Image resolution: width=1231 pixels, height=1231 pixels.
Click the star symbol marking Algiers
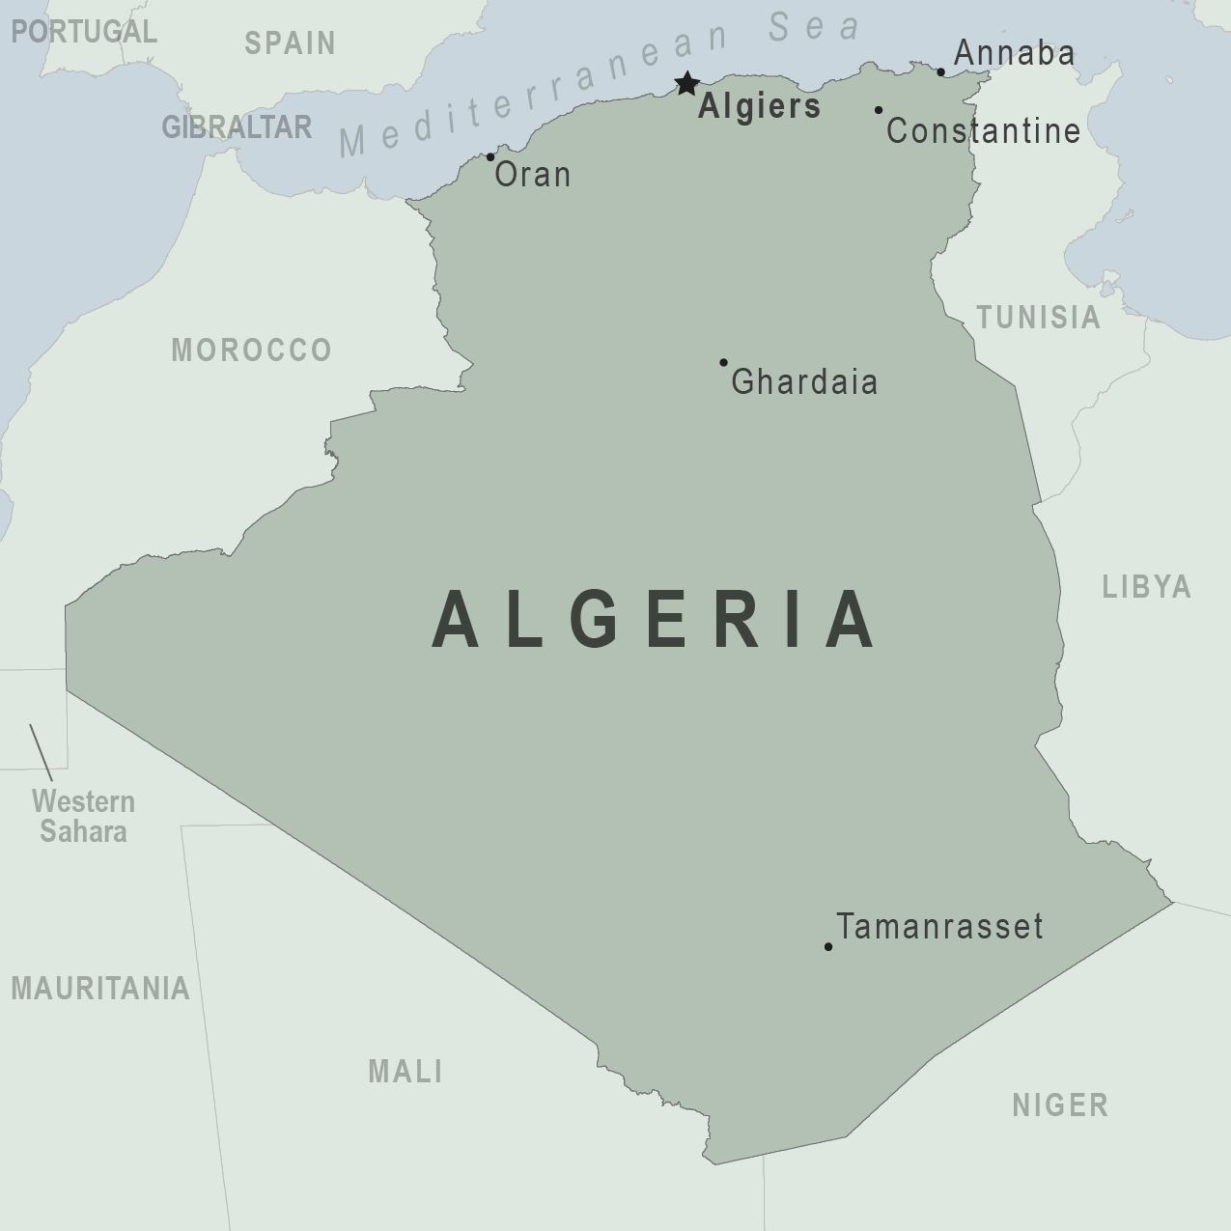click(x=686, y=84)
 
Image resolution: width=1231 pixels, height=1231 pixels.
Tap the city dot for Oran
click(x=490, y=157)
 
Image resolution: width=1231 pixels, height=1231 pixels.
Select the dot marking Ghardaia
click(x=723, y=363)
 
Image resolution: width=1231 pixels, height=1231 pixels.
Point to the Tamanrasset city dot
click(x=828, y=947)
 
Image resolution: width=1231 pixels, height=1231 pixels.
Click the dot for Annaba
click(x=941, y=71)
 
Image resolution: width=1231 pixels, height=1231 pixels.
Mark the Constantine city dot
click(x=879, y=110)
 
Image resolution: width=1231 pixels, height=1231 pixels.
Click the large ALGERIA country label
click(x=655, y=621)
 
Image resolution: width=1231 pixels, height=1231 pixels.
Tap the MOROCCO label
click(x=251, y=350)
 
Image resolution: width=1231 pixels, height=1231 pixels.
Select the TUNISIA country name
click(x=1038, y=318)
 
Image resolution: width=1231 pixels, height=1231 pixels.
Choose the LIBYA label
click(x=1147, y=587)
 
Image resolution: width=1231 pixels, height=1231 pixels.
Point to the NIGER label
click(x=1060, y=1105)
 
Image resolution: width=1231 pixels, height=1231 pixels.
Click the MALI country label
click(x=406, y=1071)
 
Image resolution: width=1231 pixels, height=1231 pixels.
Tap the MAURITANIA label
click(x=100, y=989)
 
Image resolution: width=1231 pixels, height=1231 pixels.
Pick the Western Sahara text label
click(x=83, y=817)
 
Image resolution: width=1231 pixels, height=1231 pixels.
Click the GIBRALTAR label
click(x=237, y=127)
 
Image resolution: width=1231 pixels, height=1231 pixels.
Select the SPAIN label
click(x=290, y=43)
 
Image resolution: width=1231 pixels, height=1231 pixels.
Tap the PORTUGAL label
click(x=83, y=32)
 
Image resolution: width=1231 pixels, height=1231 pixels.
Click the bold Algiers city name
click(x=759, y=107)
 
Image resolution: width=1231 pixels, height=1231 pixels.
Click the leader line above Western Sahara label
click(x=41, y=752)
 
